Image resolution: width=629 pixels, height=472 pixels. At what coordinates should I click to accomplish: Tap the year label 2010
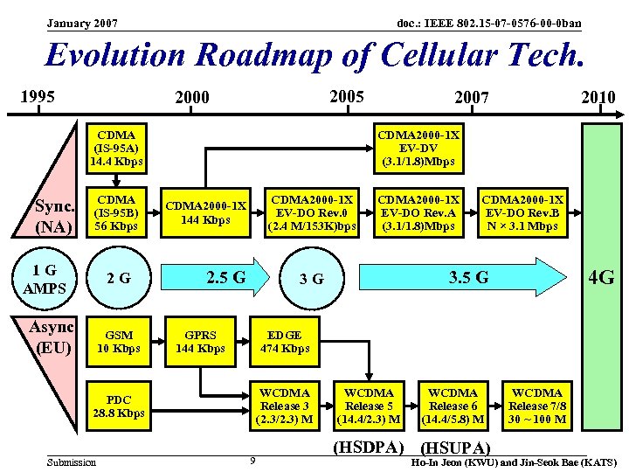tap(598, 97)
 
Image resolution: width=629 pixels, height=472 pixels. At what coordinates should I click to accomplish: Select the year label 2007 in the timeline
tap(472, 97)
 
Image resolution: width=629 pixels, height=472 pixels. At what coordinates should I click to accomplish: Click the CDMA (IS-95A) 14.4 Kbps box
tap(117, 149)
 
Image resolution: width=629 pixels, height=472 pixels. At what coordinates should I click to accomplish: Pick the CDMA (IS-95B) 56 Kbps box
tap(117, 213)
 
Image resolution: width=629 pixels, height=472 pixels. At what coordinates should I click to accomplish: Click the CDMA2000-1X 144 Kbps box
tap(206, 213)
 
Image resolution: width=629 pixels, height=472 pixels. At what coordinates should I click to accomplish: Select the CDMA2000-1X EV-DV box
tap(417, 149)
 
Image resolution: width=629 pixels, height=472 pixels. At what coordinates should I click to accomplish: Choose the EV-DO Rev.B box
tap(522, 213)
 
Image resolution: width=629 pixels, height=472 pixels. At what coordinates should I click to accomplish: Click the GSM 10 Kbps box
tap(118, 342)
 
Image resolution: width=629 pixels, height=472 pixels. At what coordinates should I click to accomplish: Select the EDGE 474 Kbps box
tap(284, 342)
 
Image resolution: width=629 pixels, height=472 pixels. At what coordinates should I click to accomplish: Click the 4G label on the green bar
tap(601, 279)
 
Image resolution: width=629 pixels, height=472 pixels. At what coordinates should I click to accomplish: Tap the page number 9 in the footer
tap(252, 461)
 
